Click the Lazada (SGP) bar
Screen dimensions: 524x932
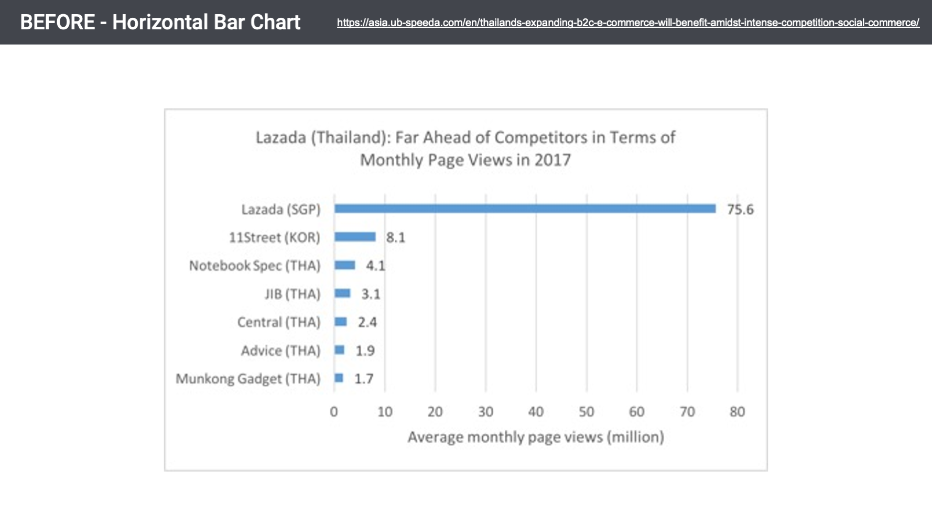coord(524,209)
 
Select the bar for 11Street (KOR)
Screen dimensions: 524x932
coord(355,237)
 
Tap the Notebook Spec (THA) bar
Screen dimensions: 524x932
coord(344,265)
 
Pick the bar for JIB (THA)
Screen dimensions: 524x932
coord(342,293)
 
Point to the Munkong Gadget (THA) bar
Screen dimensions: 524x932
coord(339,378)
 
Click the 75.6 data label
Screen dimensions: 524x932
coord(740,210)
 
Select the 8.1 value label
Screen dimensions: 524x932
coord(395,238)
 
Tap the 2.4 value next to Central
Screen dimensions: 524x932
coord(367,322)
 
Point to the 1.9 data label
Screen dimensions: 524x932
coord(365,351)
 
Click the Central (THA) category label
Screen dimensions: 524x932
coord(278,322)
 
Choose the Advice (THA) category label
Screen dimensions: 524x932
coord(280,351)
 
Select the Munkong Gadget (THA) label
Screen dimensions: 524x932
coord(247,379)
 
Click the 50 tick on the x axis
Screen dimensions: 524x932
coord(586,412)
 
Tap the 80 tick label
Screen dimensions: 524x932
coord(737,412)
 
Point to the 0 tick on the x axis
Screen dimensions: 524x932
coord(334,412)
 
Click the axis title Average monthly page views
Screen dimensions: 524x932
coord(535,437)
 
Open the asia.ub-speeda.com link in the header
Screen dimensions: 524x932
coord(627,23)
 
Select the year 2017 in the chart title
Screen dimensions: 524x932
coord(552,160)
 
